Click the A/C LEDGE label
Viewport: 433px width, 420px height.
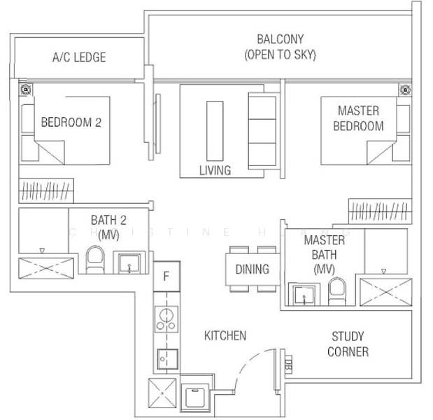tap(78, 57)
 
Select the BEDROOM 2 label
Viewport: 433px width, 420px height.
tap(71, 122)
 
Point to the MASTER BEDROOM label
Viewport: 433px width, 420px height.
tap(358, 118)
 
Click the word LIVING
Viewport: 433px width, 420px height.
tap(214, 170)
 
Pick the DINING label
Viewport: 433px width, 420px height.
tap(252, 269)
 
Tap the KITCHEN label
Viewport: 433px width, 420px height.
tap(225, 336)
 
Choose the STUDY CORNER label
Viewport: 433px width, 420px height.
tap(348, 344)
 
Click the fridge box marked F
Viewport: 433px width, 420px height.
tap(166, 276)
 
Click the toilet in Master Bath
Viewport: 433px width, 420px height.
tap(337, 292)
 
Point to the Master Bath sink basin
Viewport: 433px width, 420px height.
tap(303, 295)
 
